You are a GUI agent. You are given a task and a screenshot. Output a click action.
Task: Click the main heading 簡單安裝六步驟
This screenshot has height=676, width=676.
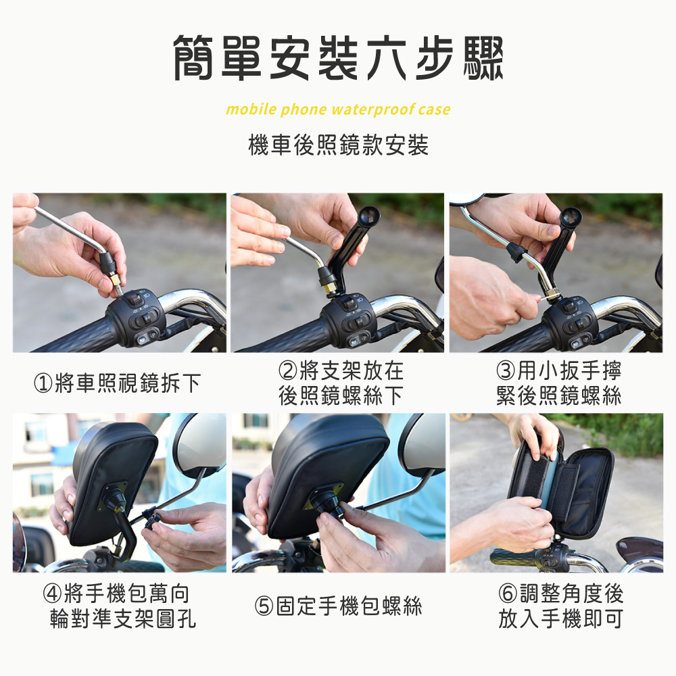338,57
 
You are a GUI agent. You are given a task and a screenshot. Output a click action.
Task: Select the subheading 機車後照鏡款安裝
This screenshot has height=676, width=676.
339,145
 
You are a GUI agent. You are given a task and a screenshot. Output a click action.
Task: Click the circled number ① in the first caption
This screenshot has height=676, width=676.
43,383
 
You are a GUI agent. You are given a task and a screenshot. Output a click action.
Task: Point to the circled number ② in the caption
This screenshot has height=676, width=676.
288,370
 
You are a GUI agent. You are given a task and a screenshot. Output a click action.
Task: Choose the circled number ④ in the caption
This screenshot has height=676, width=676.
52,594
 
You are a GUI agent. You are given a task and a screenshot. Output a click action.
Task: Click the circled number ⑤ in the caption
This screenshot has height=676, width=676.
264,606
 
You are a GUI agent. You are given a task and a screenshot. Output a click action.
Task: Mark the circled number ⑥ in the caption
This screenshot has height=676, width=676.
508,594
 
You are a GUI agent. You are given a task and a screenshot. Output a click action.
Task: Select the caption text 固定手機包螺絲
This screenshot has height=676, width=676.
349,606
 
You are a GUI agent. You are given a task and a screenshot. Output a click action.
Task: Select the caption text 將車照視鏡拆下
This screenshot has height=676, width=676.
128,383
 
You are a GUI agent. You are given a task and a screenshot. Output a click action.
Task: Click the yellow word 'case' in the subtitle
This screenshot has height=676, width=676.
434,110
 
